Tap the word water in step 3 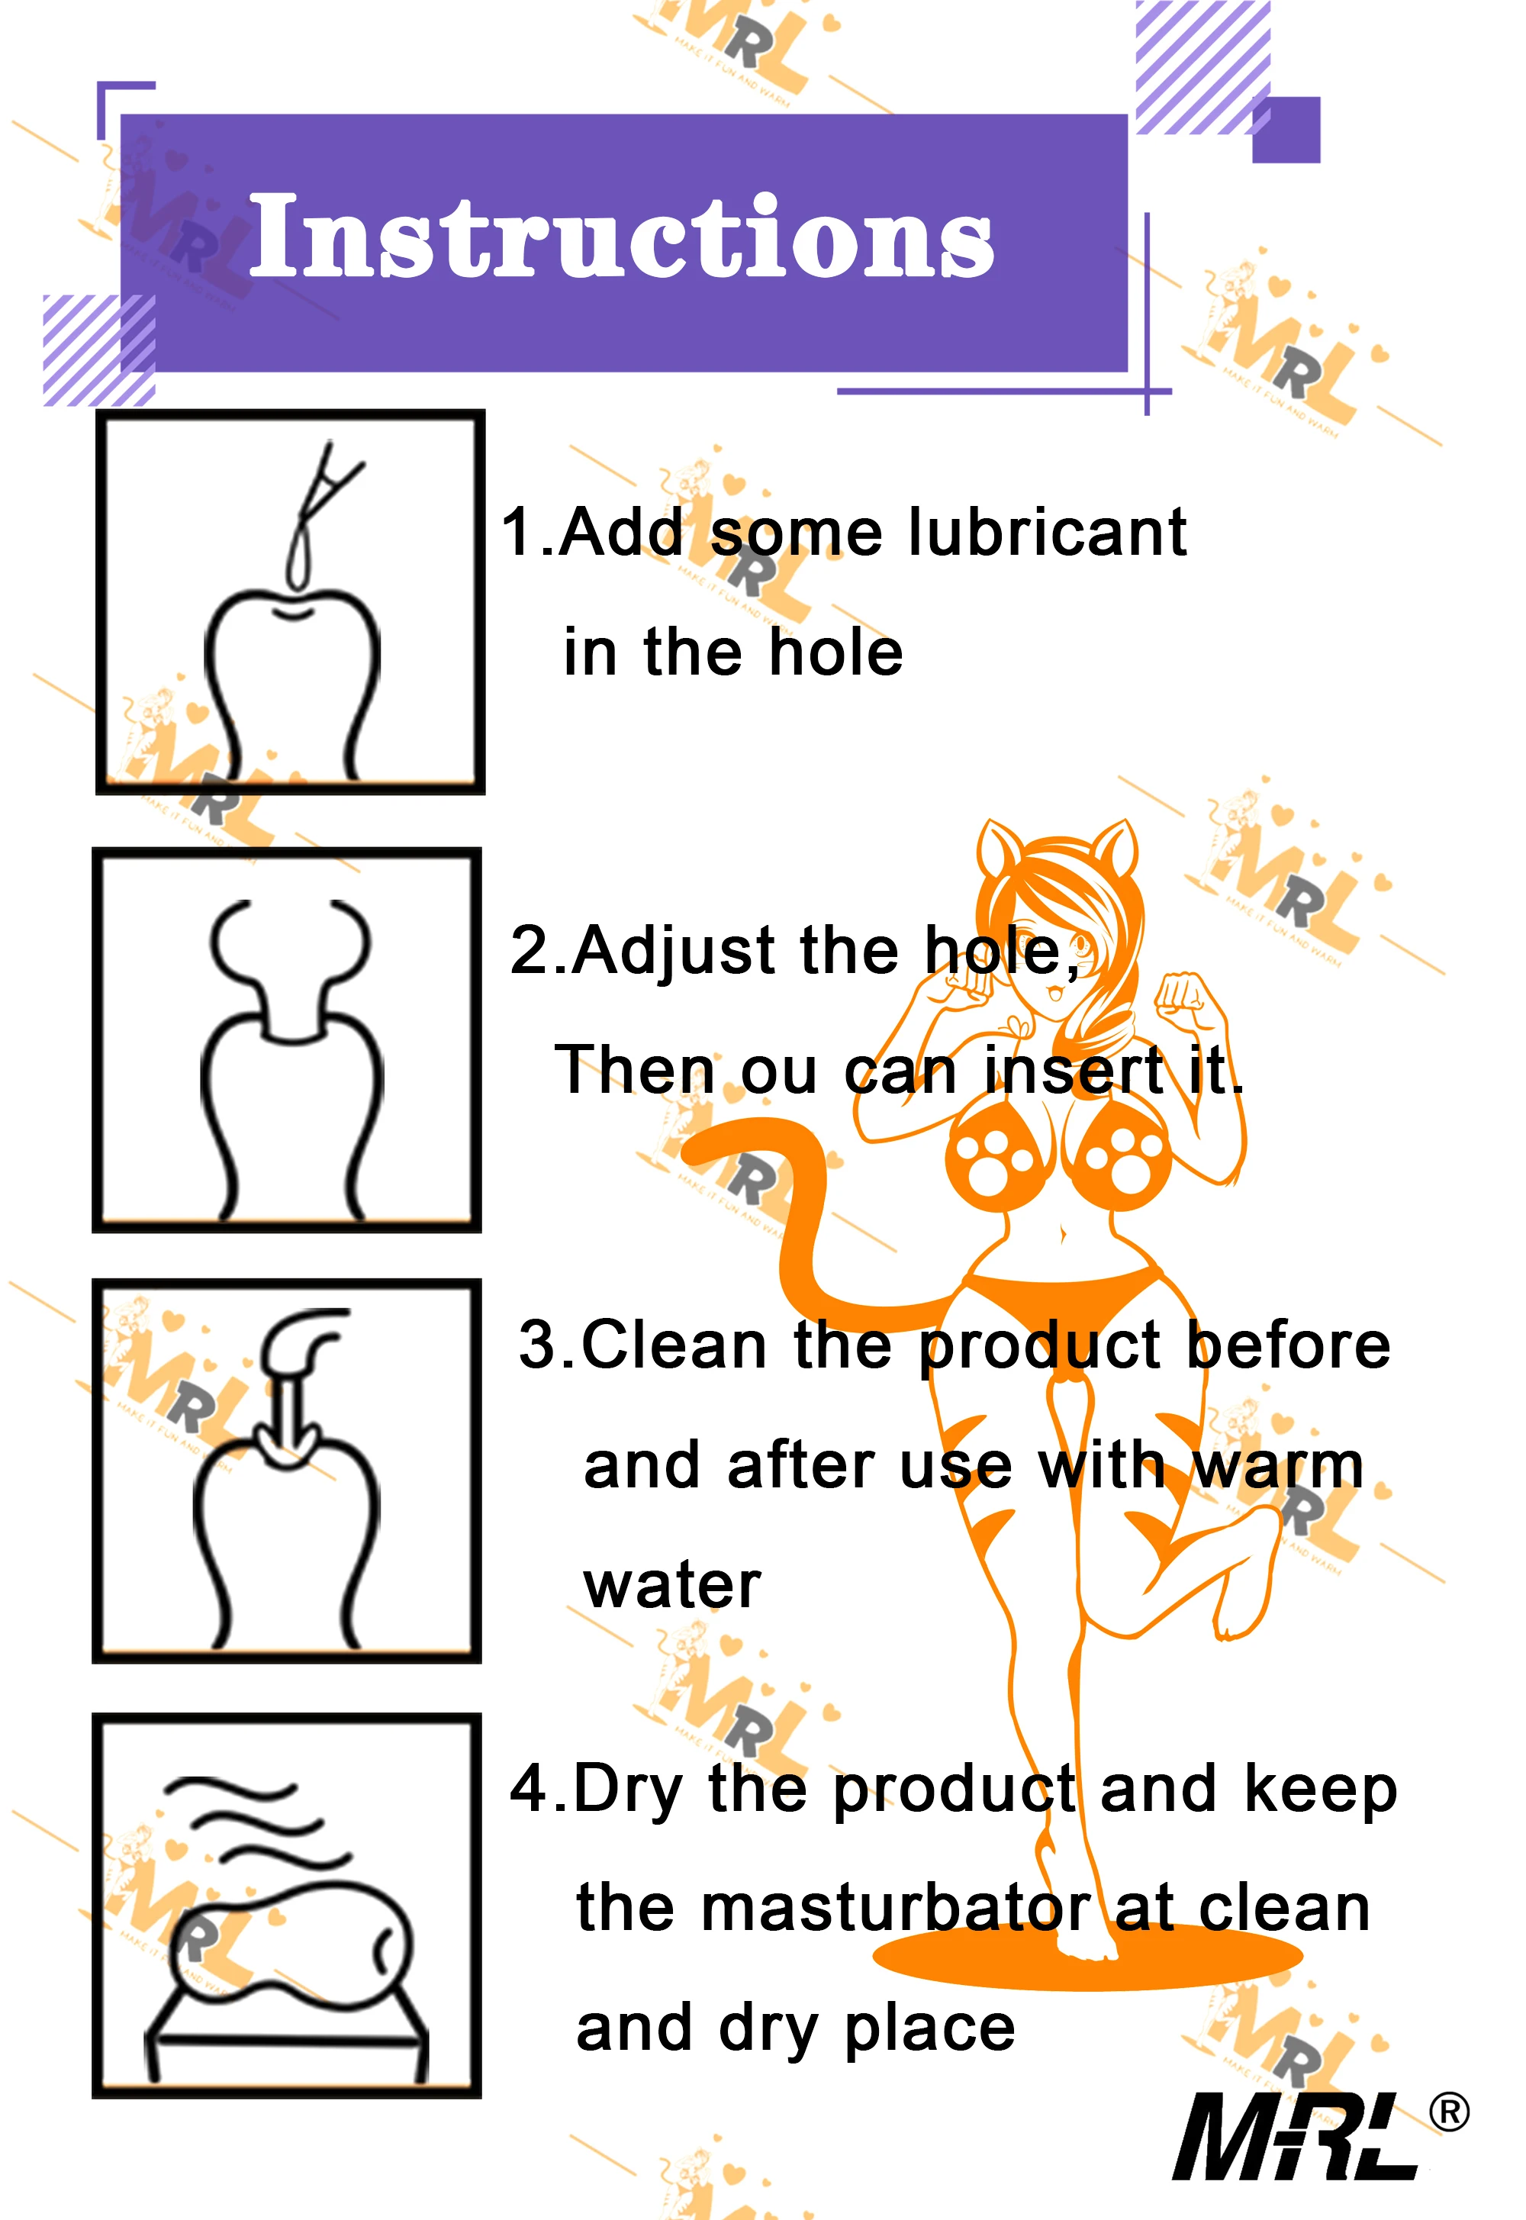point(672,1587)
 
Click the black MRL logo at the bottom point(1296,2137)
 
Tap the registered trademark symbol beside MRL point(1450,2112)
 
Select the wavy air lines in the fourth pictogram point(256,1822)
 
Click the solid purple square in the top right point(1286,130)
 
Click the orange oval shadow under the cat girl point(1087,1955)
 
